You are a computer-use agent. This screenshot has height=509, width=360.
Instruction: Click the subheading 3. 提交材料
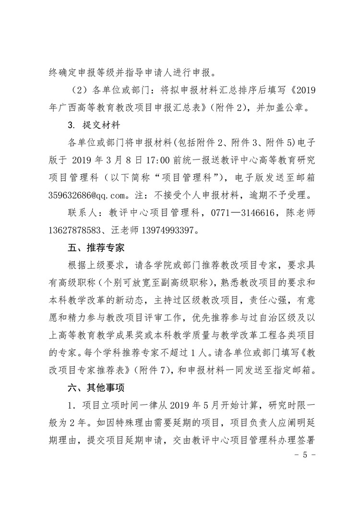coord(89,125)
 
